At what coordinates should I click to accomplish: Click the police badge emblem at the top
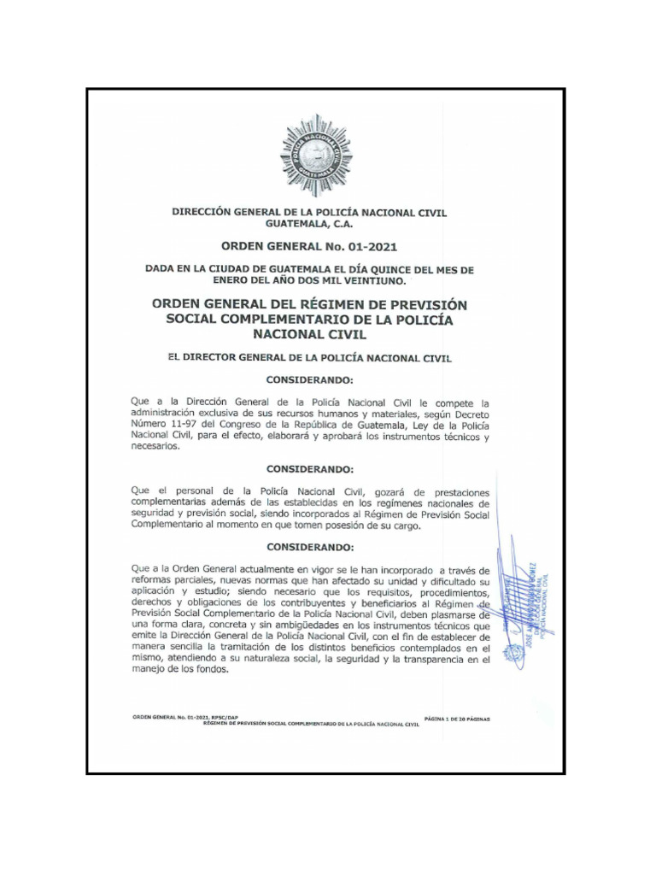[316, 156]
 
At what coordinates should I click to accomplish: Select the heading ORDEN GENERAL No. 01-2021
[309, 248]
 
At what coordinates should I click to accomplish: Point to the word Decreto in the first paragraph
[468, 413]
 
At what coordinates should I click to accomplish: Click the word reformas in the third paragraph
[154, 581]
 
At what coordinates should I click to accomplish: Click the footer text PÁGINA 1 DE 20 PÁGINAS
[457, 719]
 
